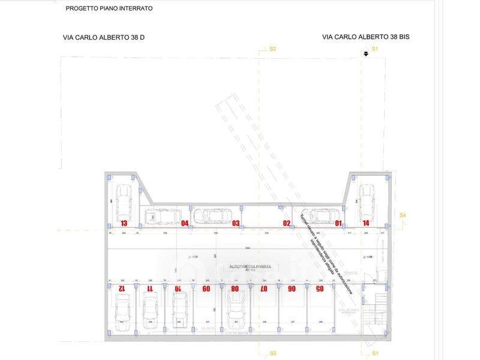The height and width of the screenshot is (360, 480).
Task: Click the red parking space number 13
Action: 124,223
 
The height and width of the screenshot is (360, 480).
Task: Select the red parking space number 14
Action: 366,223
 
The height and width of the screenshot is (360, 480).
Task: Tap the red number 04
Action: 185,223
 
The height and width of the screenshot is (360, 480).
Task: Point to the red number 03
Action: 236,223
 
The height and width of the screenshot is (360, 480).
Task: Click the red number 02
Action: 287,223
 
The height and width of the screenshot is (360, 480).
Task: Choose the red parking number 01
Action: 338,223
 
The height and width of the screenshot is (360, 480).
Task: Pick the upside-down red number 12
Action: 121,289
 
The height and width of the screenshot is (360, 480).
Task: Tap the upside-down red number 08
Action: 235,289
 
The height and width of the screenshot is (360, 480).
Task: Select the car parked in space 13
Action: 124,202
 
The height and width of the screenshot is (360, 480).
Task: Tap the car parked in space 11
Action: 150,310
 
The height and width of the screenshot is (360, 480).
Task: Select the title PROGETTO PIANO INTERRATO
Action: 109,9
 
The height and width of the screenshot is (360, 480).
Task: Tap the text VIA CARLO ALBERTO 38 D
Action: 104,37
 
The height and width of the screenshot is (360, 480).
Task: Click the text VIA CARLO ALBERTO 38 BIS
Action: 366,37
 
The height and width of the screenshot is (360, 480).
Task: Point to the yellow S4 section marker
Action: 403,215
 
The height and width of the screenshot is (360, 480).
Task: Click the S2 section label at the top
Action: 272,49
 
